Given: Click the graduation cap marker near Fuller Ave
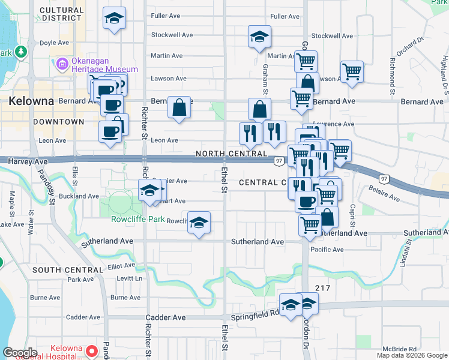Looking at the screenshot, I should click(114, 19).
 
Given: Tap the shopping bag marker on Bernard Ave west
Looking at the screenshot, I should click(179, 107).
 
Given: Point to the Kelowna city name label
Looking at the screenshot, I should click(31, 101).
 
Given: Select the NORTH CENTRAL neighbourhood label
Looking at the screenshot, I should click(231, 155).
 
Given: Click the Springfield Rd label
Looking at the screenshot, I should click(264, 313).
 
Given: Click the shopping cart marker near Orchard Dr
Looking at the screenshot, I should click(352, 71).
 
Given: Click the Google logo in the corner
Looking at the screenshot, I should click(20, 353).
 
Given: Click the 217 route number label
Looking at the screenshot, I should click(322, 288).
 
